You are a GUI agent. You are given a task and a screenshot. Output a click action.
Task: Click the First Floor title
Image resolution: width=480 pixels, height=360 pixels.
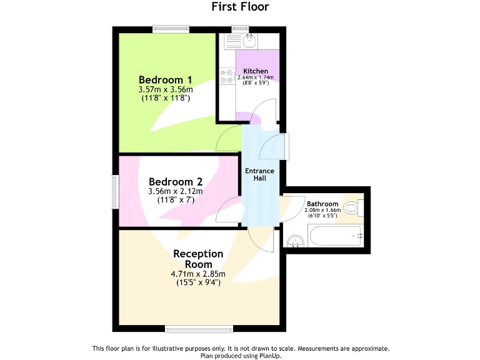click(x=240, y=7)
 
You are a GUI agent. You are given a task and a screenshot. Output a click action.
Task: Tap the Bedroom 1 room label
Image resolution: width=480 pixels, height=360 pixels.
click(x=165, y=80)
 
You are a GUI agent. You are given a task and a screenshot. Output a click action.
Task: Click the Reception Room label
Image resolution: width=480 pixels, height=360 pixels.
click(x=198, y=259)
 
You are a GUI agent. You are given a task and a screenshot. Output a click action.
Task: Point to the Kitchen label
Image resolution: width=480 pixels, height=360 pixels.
click(x=256, y=71)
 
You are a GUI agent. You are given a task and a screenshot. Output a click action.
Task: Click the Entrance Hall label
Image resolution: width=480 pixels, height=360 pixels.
click(x=259, y=174)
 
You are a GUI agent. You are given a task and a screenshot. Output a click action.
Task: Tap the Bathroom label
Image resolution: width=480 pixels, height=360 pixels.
click(x=322, y=204)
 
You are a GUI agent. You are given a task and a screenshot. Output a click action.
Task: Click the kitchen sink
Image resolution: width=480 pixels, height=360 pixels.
click(x=249, y=41)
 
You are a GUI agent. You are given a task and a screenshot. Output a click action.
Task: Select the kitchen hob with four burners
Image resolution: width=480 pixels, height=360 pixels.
click(x=226, y=77)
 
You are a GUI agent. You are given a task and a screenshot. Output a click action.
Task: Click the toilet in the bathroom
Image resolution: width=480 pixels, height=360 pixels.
click(x=352, y=208)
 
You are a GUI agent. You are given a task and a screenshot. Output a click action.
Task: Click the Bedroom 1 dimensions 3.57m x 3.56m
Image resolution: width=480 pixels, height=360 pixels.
click(x=165, y=90)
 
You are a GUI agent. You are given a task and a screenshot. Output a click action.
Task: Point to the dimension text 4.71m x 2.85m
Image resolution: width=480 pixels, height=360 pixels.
click(x=198, y=274)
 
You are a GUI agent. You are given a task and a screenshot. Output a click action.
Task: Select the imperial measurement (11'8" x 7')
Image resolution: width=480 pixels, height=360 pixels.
click(x=175, y=200)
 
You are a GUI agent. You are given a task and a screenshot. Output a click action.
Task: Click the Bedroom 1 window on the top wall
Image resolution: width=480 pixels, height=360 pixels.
click(x=170, y=28)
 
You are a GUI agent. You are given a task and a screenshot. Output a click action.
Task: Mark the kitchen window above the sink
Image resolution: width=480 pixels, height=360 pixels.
click(x=240, y=28)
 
